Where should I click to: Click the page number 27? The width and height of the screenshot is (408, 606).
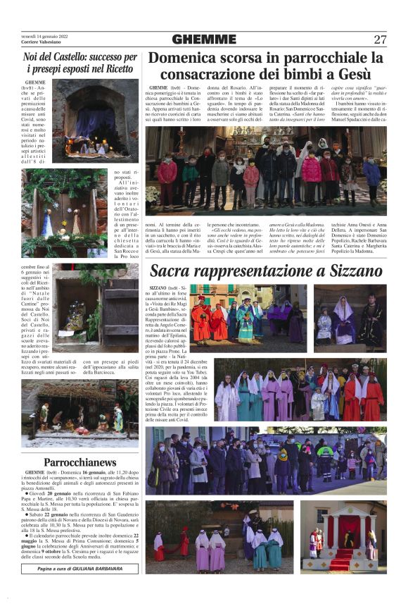380,39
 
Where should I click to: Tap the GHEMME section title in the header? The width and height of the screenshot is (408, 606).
204,39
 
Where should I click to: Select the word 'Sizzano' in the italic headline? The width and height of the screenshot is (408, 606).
350,271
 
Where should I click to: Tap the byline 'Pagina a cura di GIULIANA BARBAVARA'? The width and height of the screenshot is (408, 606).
79,567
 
